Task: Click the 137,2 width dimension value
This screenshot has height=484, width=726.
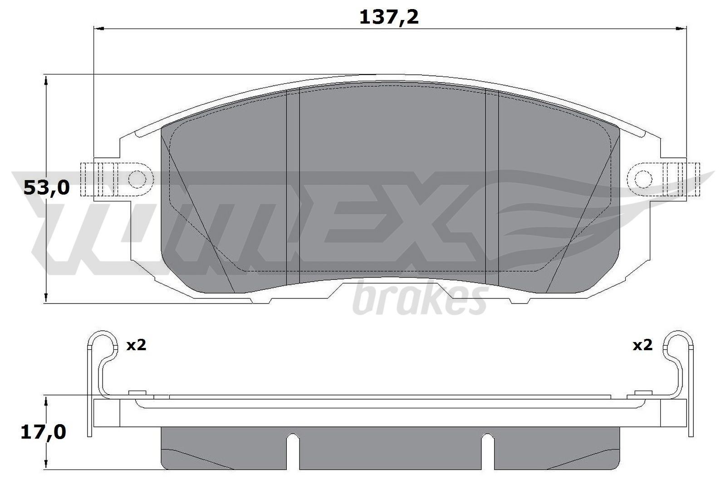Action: [x=389, y=17]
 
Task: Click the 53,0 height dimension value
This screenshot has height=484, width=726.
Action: [x=46, y=187]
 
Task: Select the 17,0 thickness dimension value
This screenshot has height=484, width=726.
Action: [x=44, y=432]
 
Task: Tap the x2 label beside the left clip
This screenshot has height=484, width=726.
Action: [x=136, y=345]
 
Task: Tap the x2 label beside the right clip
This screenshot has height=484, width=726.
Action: [x=642, y=345]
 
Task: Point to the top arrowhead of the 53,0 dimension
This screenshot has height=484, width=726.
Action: [x=46, y=80]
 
